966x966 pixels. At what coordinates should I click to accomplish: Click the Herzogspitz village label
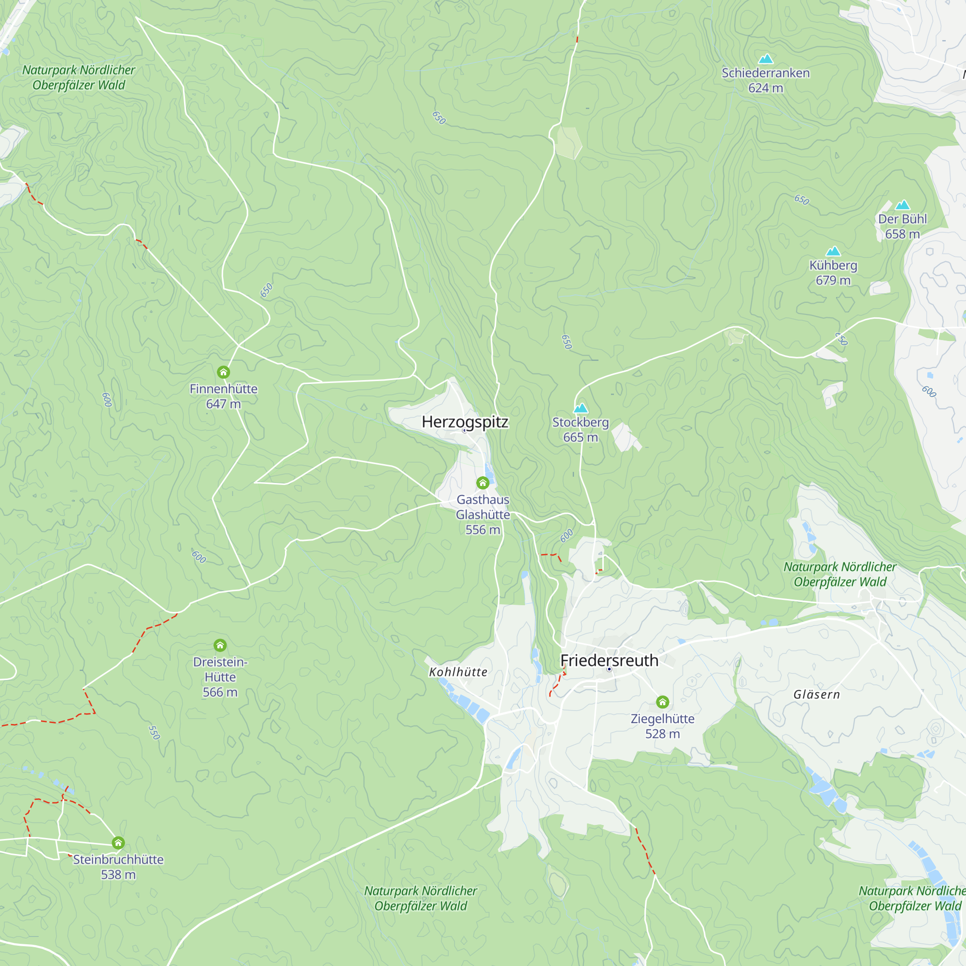point(465,422)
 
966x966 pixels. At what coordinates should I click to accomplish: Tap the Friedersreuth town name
point(609,660)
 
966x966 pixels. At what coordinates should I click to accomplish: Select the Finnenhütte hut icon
point(224,372)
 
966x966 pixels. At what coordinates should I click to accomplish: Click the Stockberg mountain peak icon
point(581,408)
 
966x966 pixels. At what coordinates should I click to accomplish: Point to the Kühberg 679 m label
point(833,272)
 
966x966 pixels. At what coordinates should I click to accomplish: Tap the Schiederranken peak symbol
point(766,59)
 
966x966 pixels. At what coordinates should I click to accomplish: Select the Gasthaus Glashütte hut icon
point(483,483)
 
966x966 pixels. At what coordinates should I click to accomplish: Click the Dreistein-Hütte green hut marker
point(220,645)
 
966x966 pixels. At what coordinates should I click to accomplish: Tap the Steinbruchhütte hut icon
point(118,843)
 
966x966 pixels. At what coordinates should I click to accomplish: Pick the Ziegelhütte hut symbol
point(663,702)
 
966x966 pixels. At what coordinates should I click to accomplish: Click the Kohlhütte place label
point(458,672)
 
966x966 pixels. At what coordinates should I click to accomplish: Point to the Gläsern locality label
point(816,695)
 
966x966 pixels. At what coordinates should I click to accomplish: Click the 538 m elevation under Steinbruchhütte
point(118,875)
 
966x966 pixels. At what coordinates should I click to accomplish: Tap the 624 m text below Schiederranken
point(766,88)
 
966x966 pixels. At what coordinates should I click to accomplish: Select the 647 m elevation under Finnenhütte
point(224,404)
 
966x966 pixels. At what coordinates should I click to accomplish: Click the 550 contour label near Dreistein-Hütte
point(155,733)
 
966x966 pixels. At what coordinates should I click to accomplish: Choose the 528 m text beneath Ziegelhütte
point(663,734)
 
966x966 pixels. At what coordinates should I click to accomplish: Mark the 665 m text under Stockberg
point(581,438)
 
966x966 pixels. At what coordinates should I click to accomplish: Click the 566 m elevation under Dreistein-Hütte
point(220,692)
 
